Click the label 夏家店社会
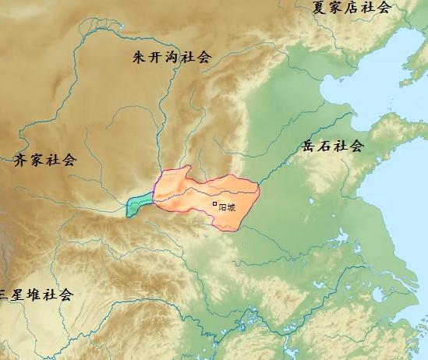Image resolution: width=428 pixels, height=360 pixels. [352, 8]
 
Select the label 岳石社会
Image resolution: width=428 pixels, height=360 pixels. [333, 146]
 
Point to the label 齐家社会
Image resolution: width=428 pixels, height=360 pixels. [46, 161]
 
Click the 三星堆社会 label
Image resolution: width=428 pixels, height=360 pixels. [36, 295]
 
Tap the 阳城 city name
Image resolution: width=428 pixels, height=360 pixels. [227, 206]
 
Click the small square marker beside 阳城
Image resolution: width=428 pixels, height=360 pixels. [215, 204]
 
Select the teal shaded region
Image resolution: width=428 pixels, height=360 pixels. [139, 204]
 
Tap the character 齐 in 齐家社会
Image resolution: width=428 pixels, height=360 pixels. [22, 161]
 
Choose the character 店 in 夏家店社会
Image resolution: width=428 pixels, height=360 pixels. [352, 8]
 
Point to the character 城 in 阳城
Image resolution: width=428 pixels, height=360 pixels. [232, 206]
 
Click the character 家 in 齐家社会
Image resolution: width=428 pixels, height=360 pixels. [37, 161]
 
